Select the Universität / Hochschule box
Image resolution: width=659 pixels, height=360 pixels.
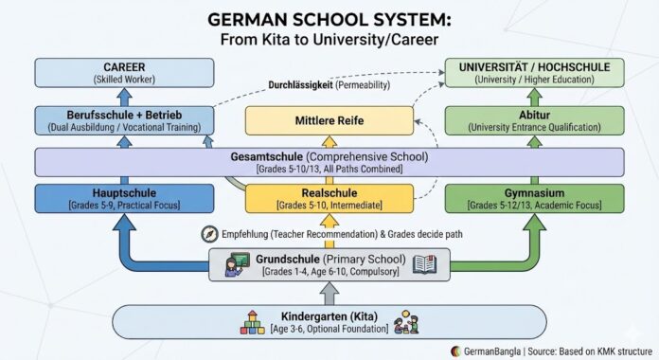(535, 73)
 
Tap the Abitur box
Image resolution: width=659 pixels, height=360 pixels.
(535, 120)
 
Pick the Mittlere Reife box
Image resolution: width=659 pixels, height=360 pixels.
(329, 120)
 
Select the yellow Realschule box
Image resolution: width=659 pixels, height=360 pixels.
(329, 197)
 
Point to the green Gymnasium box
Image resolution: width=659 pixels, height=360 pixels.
(535, 197)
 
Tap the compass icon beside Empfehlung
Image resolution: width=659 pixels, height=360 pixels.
(209, 233)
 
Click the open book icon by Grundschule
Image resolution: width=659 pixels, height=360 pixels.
(423, 264)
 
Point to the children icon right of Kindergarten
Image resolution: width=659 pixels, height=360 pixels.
(408, 321)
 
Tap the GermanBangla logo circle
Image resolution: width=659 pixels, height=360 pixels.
(457, 349)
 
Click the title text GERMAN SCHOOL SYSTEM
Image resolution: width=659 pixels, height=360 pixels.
(329, 18)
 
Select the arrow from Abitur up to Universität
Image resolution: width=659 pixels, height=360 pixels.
(536, 98)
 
